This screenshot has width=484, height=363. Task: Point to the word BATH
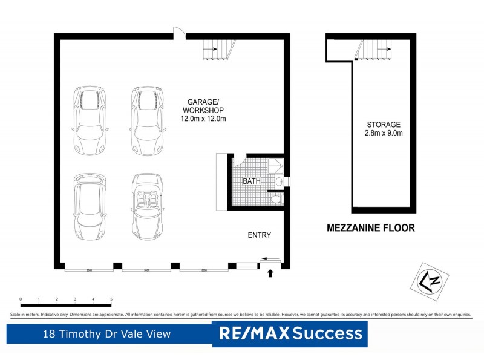[x=252, y=181]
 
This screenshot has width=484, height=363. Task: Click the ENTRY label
[x=260, y=235]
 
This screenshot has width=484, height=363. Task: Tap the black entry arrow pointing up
[x=270, y=273]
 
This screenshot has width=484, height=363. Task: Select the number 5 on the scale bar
[x=111, y=299]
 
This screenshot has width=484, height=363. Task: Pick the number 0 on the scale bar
[x=21, y=299]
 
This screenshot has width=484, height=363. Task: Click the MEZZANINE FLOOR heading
[x=371, y=229]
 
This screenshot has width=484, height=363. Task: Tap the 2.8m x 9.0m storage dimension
[x=384, y=132]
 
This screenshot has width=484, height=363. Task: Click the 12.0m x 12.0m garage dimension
[x=203, y=119]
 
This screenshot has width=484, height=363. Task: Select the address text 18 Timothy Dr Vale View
[x=106, y=334]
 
